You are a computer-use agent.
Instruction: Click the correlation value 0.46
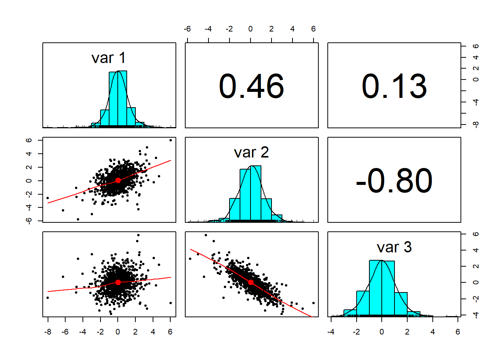point(251,86)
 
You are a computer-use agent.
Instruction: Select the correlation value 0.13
point(394,86)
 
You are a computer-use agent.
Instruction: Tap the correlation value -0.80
point(394,181)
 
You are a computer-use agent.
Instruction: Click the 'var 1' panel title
point(108,58)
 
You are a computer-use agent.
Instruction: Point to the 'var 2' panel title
point(251,153)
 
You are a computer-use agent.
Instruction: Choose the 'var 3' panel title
point(394,247)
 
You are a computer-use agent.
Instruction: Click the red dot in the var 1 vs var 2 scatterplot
point(118,180)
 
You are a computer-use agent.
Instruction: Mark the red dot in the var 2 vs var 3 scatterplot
point(250,282)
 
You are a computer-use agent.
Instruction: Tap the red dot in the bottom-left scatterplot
point(118,282)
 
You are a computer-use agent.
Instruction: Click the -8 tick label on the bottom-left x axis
point(48,332)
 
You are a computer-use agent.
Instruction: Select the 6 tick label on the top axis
point(313,29)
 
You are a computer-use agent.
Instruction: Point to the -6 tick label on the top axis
point(187,29)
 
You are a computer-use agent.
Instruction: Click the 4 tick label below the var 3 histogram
point(433,332)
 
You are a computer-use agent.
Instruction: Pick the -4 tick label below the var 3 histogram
point(331,332)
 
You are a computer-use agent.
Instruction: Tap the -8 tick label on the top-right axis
point(476,124)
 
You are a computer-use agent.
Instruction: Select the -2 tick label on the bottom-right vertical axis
point(476,298)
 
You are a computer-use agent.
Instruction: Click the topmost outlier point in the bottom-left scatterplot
point(138,235)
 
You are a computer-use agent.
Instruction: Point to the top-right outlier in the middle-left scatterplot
point(171,140)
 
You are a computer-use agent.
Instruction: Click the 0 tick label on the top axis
point(250,29)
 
